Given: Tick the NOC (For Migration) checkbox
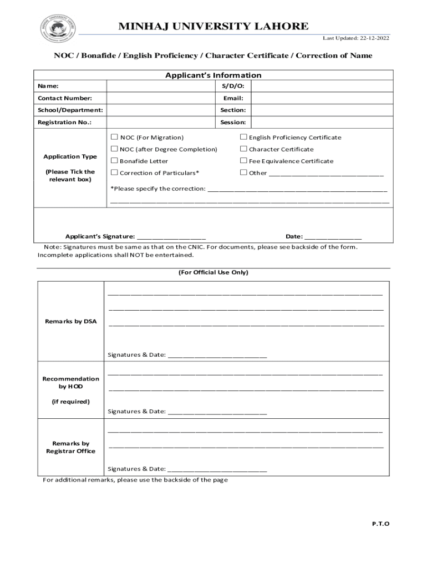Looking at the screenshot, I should [114, 137].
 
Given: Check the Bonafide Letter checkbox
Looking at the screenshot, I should [114, 161].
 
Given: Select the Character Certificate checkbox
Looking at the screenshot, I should [243, 149].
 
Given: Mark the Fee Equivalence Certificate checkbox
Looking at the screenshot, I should [243, 161].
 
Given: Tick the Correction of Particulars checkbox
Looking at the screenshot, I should [114, 173].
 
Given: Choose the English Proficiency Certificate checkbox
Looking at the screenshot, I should [243, 137].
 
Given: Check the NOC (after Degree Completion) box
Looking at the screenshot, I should [114, 149].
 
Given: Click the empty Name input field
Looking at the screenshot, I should [161, 86].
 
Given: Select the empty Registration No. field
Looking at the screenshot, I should [161, 122].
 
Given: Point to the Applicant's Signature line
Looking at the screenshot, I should [171, 236].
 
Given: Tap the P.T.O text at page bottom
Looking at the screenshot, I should [380, 523].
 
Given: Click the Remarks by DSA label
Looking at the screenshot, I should [70, 321].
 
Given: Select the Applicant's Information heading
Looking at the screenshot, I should [213, 75].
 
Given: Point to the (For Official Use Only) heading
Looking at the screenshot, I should [213, 272].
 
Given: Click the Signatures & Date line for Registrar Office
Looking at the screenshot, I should [217, 469].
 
